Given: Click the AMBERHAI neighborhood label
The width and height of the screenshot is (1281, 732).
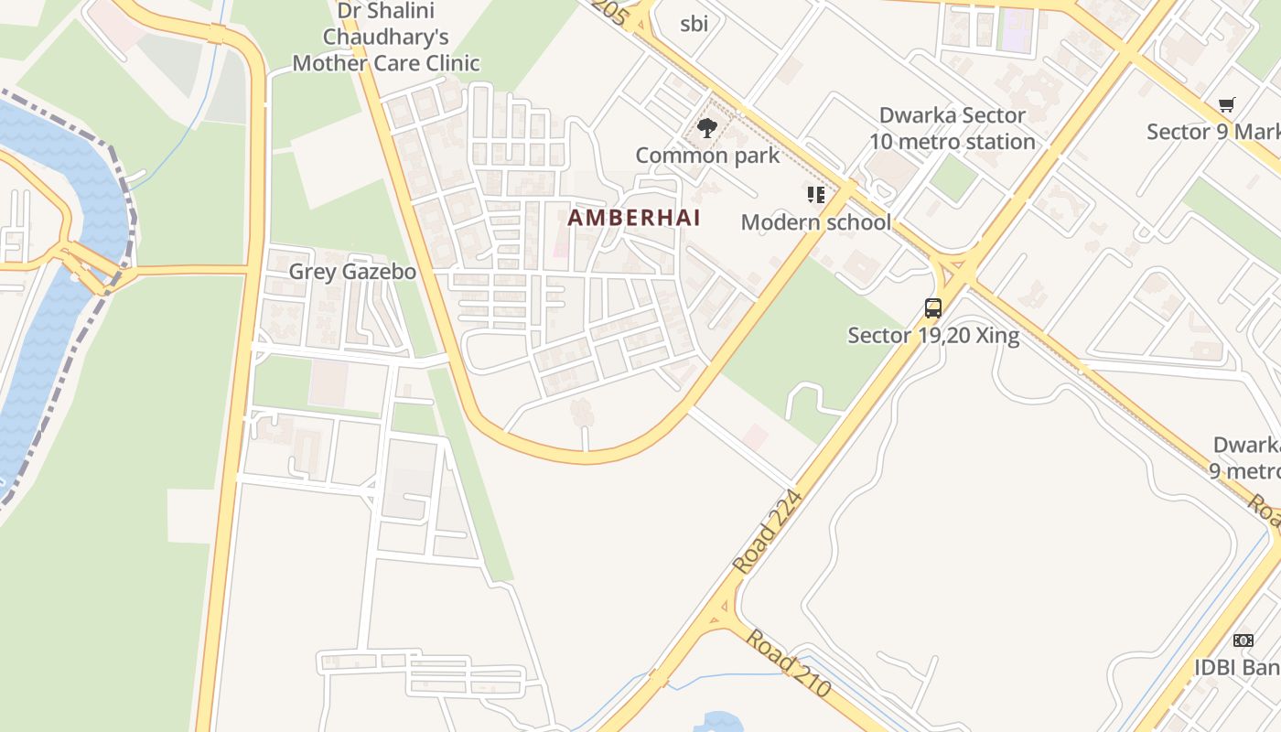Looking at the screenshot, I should pyautogui.click(x=634, y=218).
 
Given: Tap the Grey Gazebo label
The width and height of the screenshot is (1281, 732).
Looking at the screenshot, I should pyautogui.click(x=352, y=272).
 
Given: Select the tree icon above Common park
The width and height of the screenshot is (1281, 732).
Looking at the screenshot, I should pyautogui.click(x=706, y=128).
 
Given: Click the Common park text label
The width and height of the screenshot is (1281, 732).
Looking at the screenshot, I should pyautogui.click(x=707, y=156).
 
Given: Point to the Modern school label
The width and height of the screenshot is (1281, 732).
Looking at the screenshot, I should pyautogui.click(x=815, y=222).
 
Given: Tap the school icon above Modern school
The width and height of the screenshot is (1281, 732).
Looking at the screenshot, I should pyautogui.click(x=816, y=194).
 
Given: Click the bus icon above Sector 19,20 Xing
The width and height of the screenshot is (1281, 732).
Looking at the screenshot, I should pyautogui.click(x=933, y=308).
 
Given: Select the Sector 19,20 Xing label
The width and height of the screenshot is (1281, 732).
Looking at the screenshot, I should pyautogui.click(x=933, y=336).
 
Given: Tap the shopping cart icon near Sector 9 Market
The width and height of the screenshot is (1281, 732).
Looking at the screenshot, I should pyautogui.click(x=1226, y=105).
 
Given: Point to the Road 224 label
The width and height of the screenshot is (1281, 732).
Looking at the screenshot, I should pyautogui.click(x=767, y=533).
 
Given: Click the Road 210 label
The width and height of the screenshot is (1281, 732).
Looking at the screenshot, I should pyautogui.click(x=788, y=662).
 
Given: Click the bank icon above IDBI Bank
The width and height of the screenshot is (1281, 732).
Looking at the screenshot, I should pyautogui.click(x=1243, y=640).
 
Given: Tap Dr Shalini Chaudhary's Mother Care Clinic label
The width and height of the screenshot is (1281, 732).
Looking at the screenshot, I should pyautogui.click(x=385, y=38).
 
